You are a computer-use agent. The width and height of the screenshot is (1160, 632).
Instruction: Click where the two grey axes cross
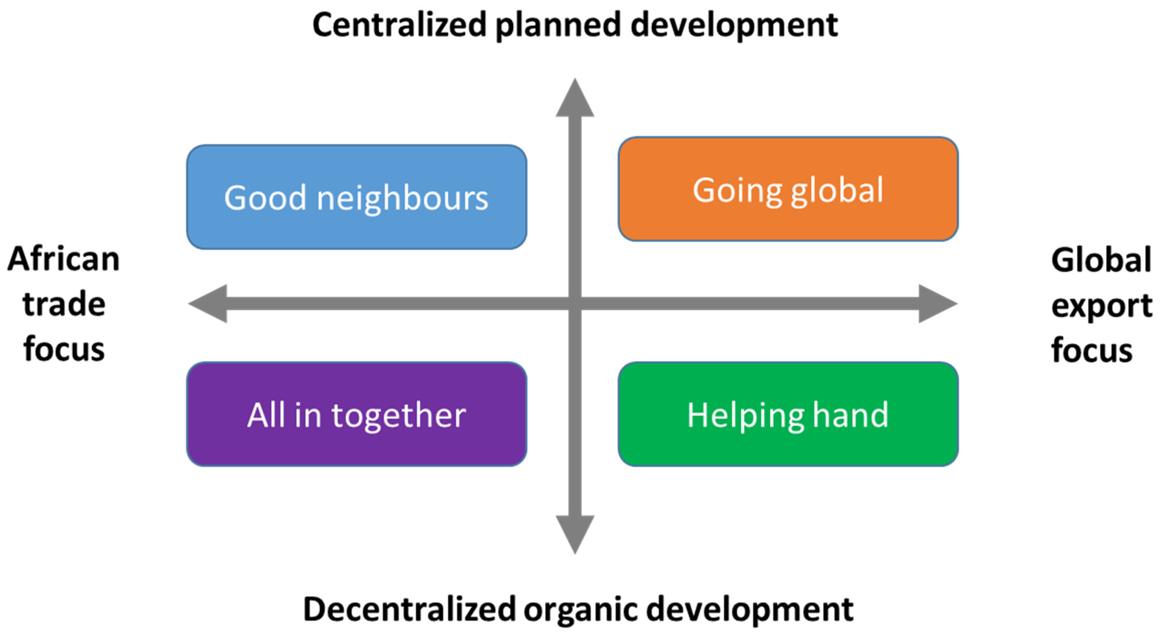[575, 304]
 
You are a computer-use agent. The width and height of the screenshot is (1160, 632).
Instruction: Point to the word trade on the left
[63, 304]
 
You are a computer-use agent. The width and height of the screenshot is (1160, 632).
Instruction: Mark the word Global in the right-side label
[1101, 260]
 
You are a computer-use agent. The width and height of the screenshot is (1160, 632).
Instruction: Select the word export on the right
[1101, 306]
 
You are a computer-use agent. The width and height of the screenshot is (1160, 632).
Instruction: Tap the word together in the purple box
[398, 416]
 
